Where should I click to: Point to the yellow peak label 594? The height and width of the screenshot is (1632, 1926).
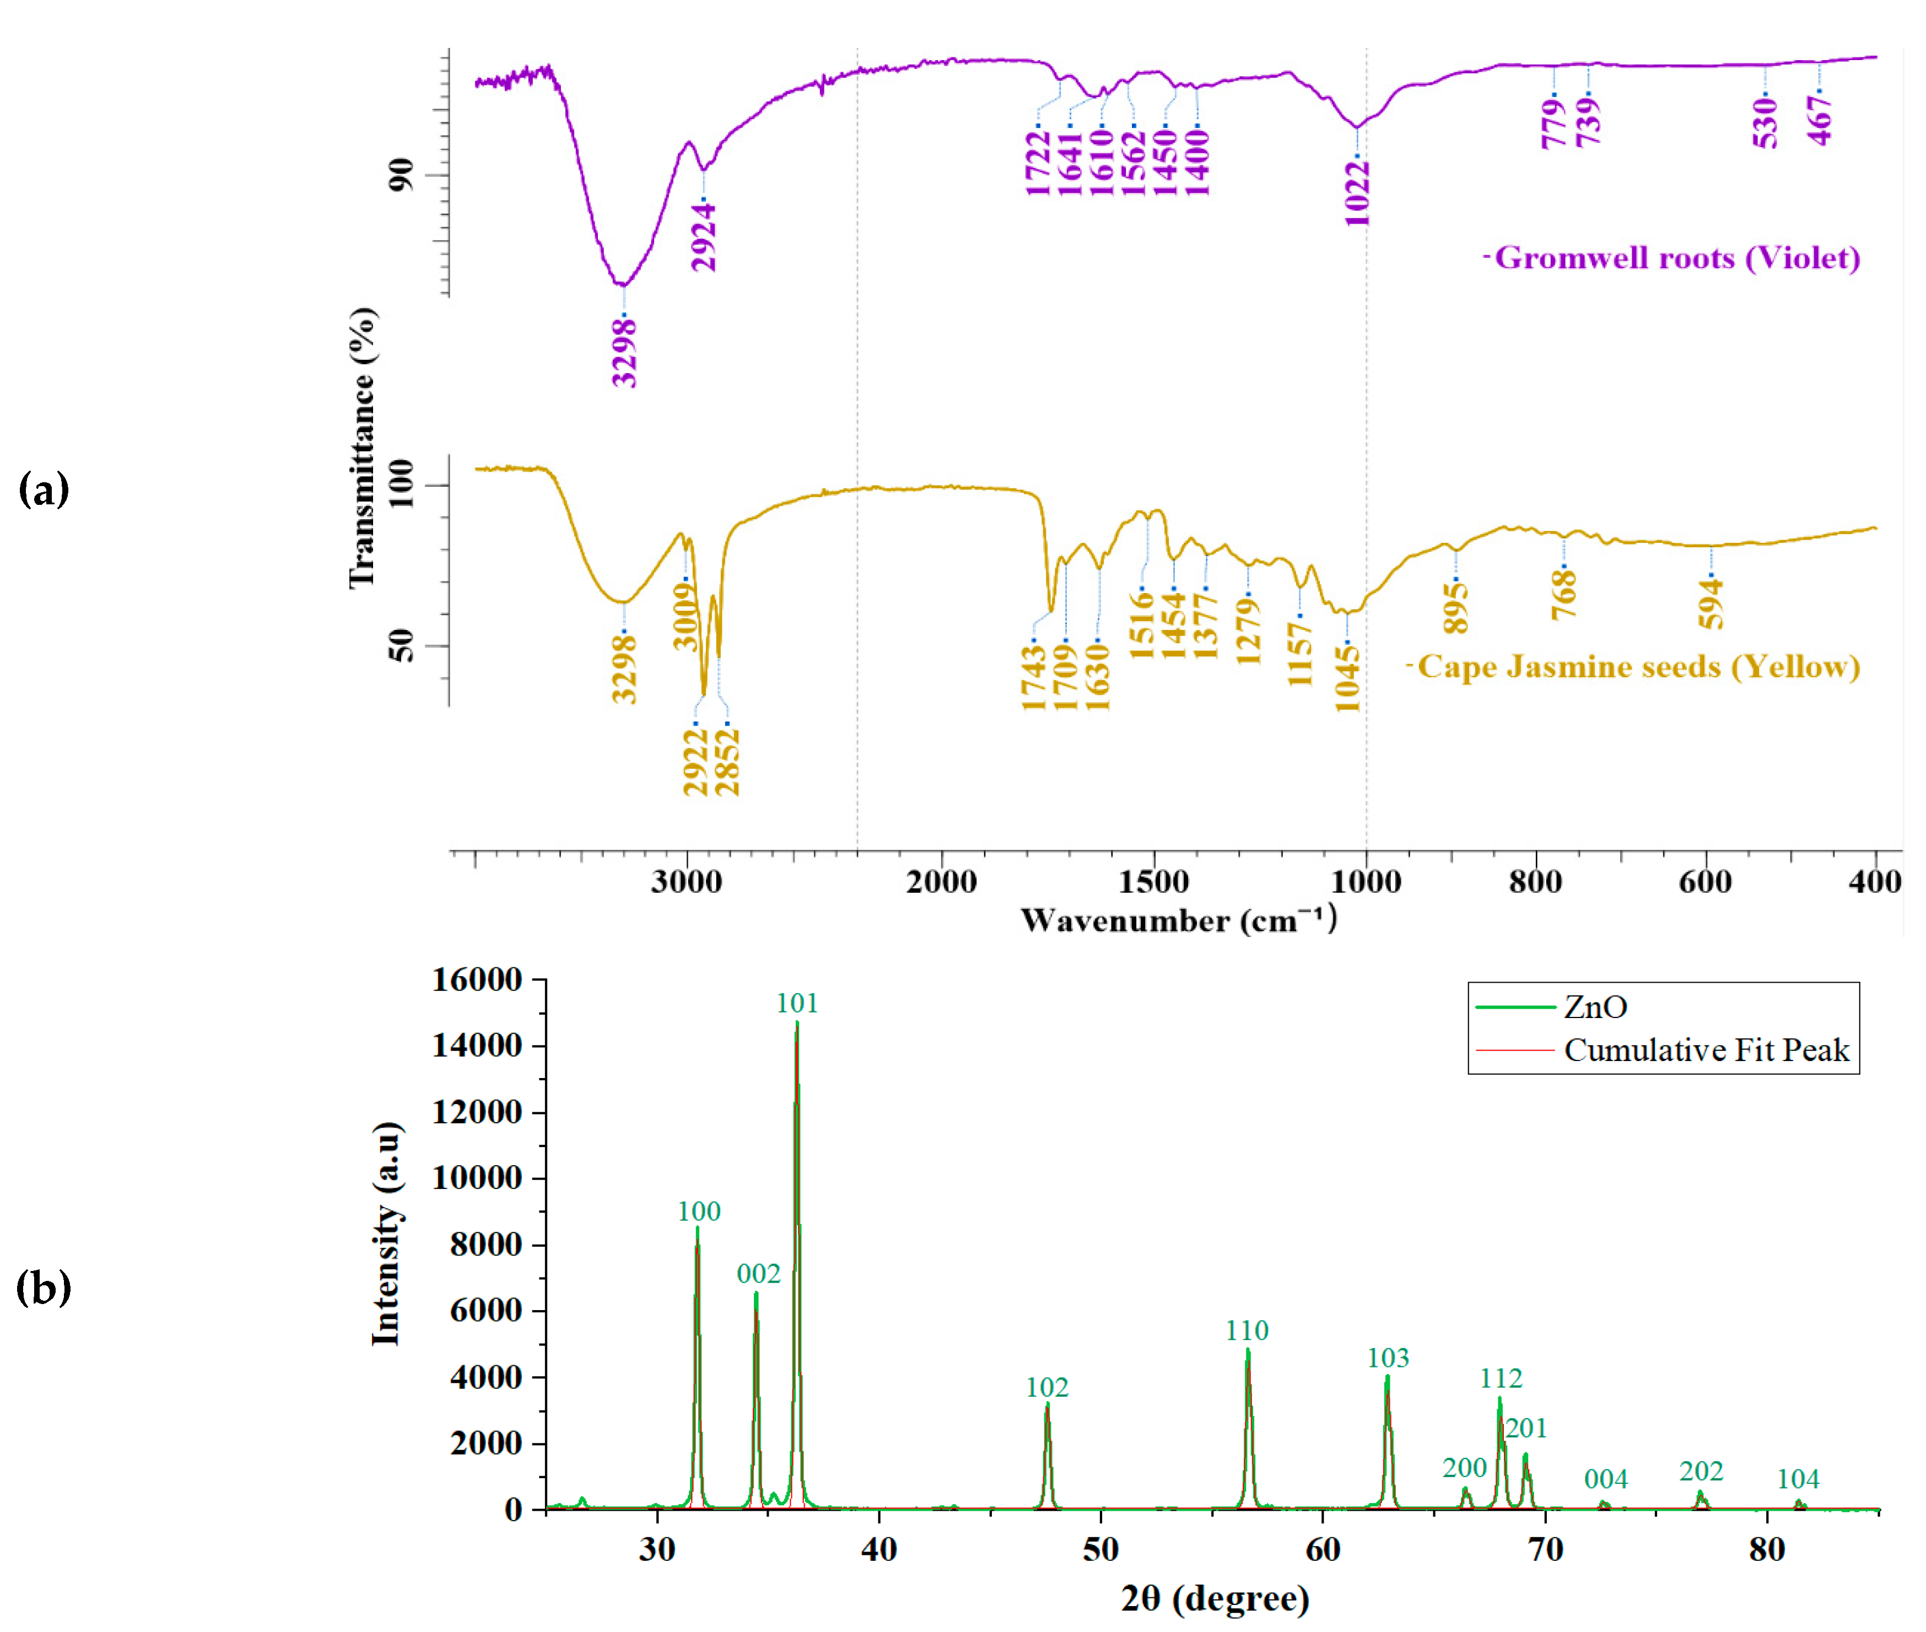coord(1711,603)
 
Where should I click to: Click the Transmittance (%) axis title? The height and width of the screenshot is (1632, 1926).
coord(363,448)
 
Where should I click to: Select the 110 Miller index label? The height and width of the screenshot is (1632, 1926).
coord(1246,1331)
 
